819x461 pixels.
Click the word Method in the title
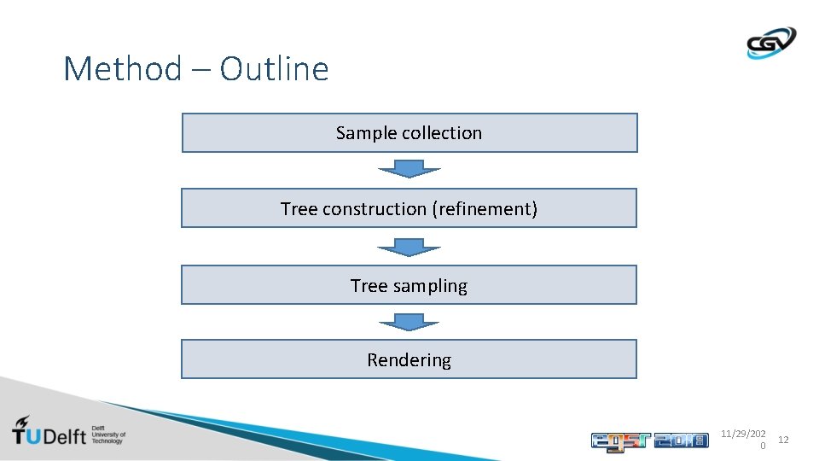(x=122, y=69)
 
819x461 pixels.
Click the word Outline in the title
(x=274, y=69)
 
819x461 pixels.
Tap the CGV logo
(x=770, y=43)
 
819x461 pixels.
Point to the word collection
(x=442, y=133)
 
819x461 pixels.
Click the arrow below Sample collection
(x=409, y=170)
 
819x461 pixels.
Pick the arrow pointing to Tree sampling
(x=409, y=248)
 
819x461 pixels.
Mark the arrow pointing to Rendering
(x=409, y=322)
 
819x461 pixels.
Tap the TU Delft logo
(x=68, y=432)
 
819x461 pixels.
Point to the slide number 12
(x=783, y=440)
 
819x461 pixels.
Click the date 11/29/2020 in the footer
(x=743, y=439)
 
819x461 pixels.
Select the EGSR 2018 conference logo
(x=649, y=441)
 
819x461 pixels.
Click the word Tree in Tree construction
(x=299, y=208)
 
